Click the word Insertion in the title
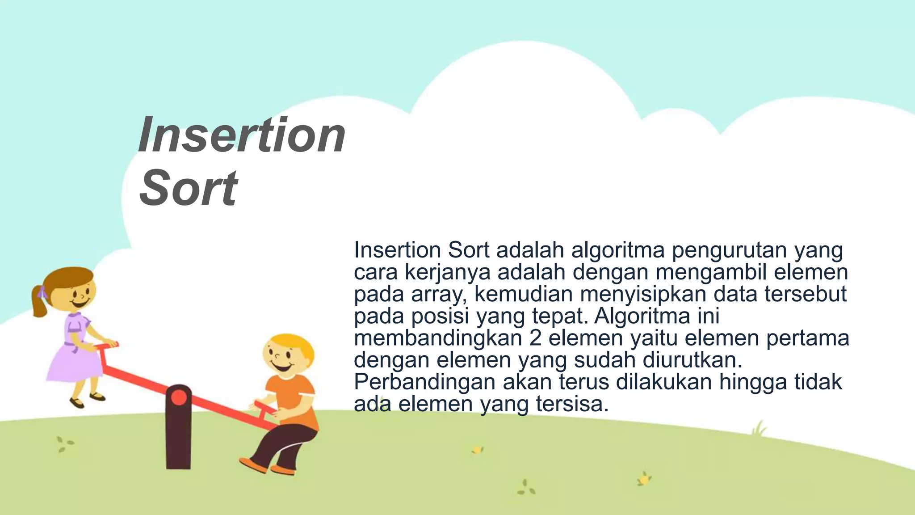242,135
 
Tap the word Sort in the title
188,188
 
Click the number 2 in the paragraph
535,338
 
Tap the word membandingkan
438,338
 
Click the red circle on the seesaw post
179,397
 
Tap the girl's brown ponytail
39,302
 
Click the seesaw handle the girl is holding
107,346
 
